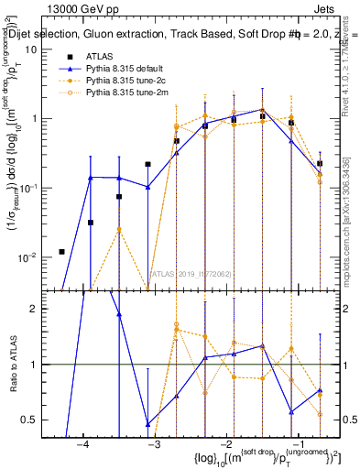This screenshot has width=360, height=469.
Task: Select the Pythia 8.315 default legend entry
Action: (127, 68)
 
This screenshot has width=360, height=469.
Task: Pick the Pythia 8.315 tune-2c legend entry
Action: (127, 80)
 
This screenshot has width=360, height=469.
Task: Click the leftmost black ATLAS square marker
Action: (61, 252)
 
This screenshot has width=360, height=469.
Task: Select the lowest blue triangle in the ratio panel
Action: (147, 424)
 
